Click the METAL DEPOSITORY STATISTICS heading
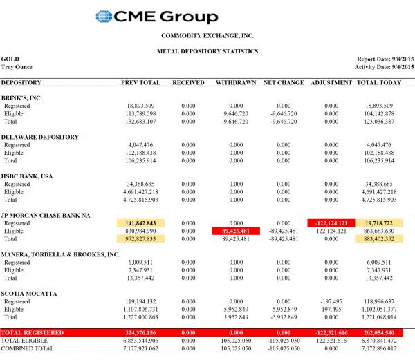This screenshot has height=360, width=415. click(x=207, y=51)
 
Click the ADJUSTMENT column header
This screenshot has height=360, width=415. click(x=326, y=83)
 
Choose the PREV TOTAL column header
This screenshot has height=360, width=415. click(x=140, y=83)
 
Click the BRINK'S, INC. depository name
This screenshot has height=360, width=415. click(x=22, y=98)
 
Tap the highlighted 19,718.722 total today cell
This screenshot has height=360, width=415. click(x=379, y=223)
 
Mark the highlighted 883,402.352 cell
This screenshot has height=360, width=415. click(x=379, y=239)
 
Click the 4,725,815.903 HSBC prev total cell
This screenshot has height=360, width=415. click(x=140, y=200)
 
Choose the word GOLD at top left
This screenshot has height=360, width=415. click(x=10, y=59)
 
